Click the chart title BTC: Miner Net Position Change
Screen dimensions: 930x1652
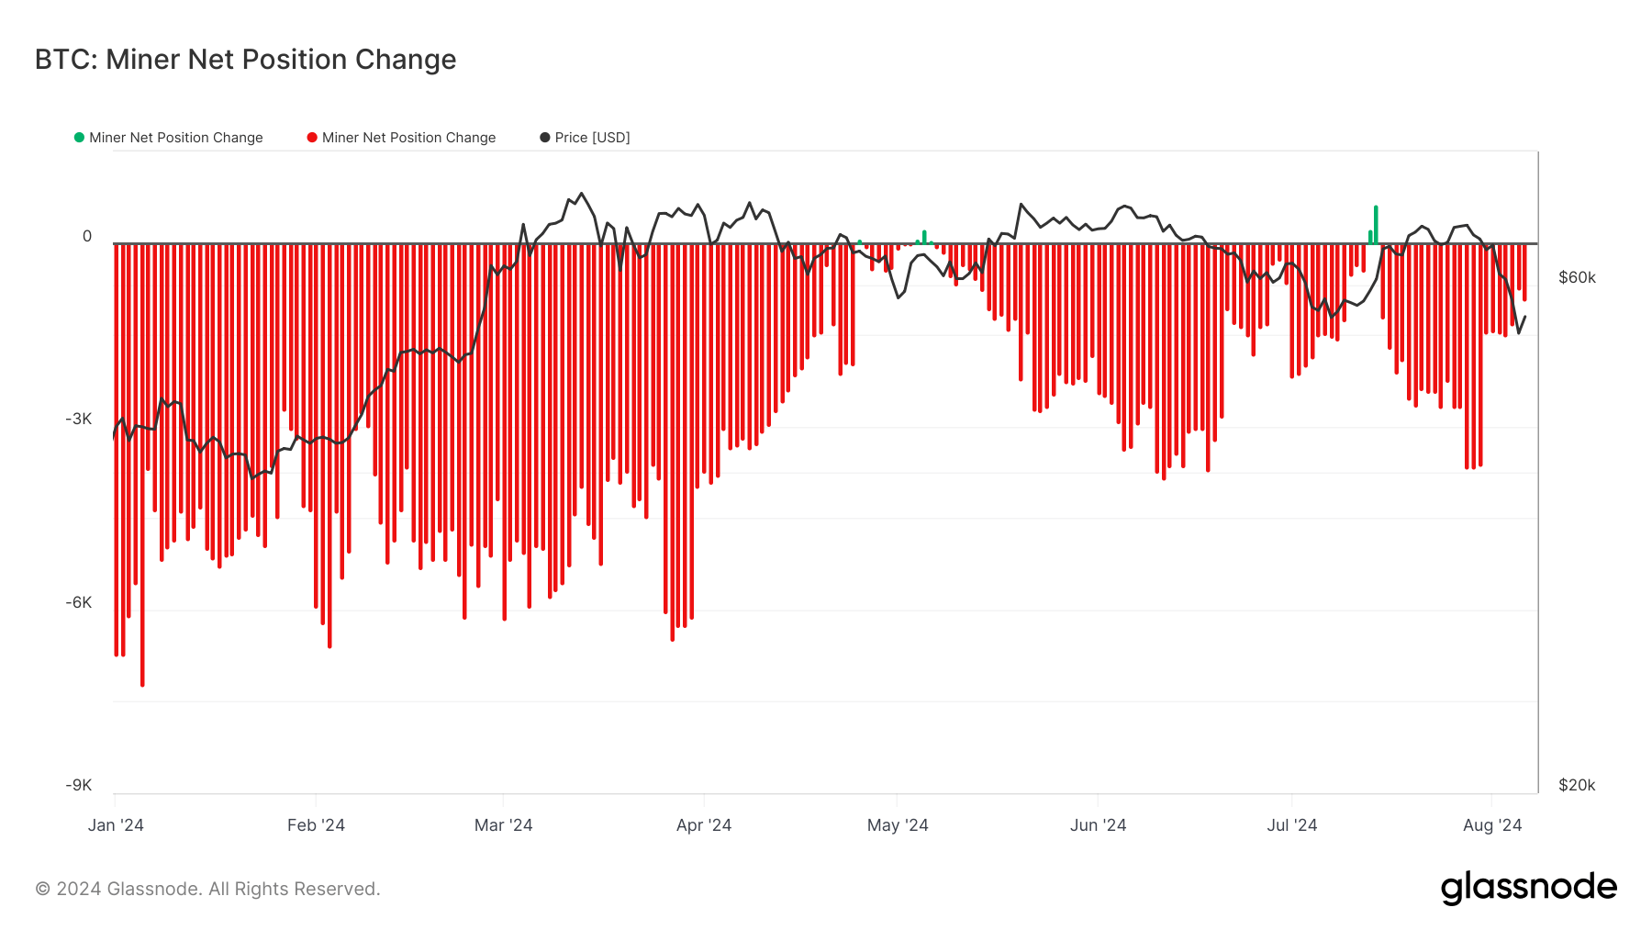click(x=245, y=60)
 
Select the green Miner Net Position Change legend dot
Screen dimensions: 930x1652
click(x=79, y=138)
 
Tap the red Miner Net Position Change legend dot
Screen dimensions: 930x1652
click(x=312, y=138)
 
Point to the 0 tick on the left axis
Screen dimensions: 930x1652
click(x=87, y=236)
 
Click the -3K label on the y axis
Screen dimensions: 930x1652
click(x=79, y=420)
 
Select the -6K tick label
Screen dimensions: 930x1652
click(x=79, y=602)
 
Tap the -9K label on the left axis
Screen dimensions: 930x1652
click(x=79, y=785)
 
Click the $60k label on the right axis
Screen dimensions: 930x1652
click(x=1577, y=277)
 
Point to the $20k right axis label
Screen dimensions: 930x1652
click(x=1577, y=785)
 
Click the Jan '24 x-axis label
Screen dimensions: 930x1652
click(x=116, y=825)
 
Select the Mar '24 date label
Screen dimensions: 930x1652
click(x=503, y=825)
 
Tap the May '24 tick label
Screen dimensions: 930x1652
click(x=898, y=825)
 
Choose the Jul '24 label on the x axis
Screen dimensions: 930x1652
click(x=1291, y=825)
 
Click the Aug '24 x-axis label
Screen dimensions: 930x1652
click(x=1491, y=825)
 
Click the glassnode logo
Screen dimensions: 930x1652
click(x=1528, y=888)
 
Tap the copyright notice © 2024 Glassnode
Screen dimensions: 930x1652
click(x=207, y=889)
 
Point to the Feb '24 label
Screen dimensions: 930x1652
click(x=316, y=825)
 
